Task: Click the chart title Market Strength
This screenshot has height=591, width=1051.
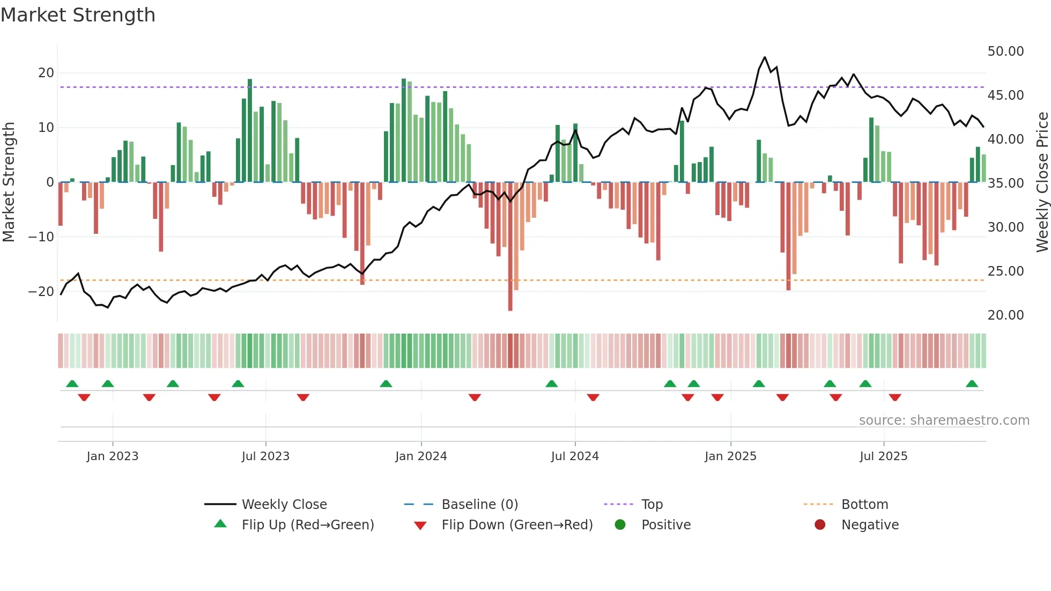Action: (78, 15)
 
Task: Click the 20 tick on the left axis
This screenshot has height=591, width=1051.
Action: (46, 73)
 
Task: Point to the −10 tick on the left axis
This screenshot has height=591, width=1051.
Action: (41, 237)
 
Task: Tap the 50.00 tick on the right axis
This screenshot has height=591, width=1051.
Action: (1005, 51)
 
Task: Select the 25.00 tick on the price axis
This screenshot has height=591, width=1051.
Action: (1005, 271)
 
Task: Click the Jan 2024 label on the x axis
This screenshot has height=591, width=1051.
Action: (421, 456)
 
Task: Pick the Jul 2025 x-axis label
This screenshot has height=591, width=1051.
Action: (883, 456)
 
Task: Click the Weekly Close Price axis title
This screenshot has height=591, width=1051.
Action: (1042, 182)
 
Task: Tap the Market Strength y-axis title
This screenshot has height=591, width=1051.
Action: (9, 182)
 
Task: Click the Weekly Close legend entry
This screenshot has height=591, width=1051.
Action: (284, 505)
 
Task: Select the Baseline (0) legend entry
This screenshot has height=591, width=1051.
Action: (479, 505)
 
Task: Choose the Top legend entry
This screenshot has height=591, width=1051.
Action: (652, 505)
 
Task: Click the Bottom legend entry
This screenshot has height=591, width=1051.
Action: (864, 505)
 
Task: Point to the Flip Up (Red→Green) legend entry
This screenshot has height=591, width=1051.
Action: (307, 525)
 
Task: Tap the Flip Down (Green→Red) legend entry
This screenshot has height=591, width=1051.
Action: (517, 525)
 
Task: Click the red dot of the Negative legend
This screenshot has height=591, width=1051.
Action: (820, 524)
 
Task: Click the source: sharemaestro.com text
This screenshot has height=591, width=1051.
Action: (944, 420)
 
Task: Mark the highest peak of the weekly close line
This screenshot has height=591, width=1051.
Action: (765, 57)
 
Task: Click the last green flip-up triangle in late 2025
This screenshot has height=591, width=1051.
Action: (972, 384)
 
